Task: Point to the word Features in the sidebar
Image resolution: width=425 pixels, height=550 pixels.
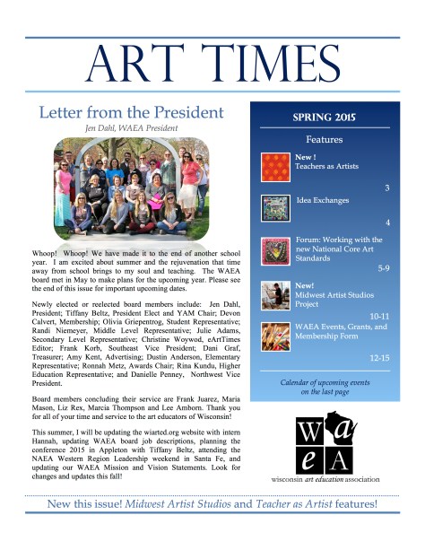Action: coord(324,140)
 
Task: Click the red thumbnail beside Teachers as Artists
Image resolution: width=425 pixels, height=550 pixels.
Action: coord(273,166)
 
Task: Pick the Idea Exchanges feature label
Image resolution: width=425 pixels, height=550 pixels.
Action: coord(322,201)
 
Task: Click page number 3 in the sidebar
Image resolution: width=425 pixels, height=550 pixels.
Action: coord(386,188)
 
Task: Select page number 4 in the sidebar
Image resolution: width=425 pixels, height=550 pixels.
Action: coord(386,222)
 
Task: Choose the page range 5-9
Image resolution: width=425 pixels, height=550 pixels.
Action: coord(383,267)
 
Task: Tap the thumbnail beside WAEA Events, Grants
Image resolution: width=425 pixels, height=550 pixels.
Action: coord(273,334)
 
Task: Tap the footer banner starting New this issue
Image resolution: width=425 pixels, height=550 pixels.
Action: coord(212,529)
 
